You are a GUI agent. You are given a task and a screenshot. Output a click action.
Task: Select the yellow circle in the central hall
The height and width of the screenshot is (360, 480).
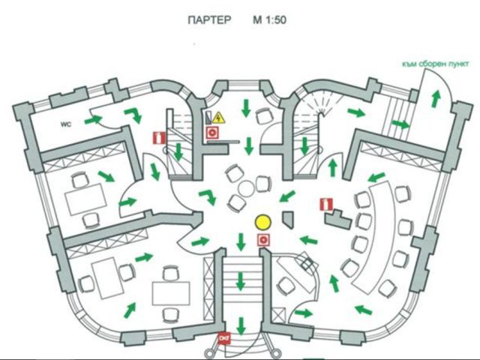262,223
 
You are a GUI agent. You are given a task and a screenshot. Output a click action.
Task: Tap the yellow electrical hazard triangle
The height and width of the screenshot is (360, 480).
219,118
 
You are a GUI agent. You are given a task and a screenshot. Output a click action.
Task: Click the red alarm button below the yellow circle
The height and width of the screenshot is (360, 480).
263,240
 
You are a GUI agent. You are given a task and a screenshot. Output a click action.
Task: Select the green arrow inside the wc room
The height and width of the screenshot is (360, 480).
92,119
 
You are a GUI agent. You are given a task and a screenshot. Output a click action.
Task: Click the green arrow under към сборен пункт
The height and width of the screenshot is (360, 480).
433,100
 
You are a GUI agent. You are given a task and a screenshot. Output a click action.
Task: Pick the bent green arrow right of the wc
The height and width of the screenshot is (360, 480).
134,115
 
